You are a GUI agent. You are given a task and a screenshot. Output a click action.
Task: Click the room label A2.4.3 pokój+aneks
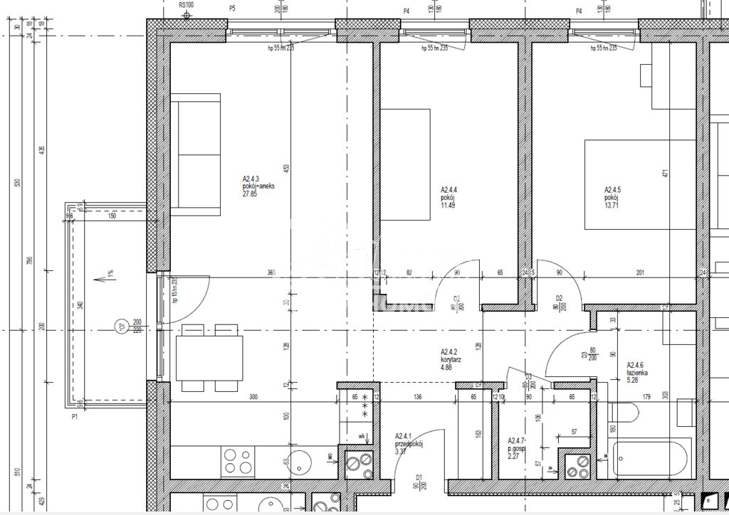pyautogui.click(x=258, y=186)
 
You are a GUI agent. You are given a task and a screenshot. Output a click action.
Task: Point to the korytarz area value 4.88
pyautogui.click(x=447, y=367)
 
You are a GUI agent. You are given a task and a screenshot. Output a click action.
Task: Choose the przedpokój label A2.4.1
pyautogui.click(x=409, y=443)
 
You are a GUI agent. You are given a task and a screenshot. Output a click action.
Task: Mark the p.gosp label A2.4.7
pyautogui.click(x=518, y=447)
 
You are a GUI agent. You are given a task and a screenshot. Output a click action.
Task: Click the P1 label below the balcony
pyautogui.click(x=74, y=417)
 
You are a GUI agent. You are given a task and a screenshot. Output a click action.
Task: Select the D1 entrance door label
pyautogui.click(x=420, y=478)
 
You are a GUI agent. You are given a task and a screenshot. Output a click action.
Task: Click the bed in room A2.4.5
pyautogui.click(x=640, y=184)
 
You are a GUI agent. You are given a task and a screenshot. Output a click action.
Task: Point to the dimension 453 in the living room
pyautogui.click(x=286, y=168)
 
